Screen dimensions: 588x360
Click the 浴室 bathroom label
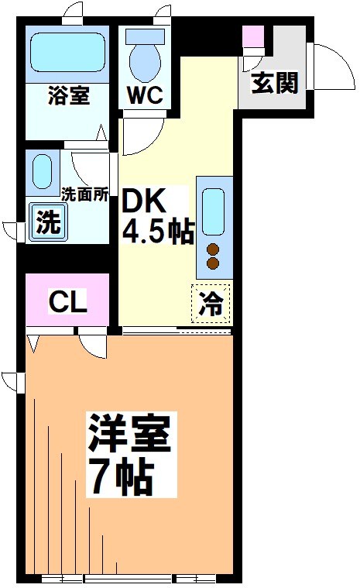(x=68, y=97)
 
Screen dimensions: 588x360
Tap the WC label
(x=143, y=97)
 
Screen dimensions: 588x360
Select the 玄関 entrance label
(x=274, y=83)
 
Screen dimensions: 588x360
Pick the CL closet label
(x=68, y=301)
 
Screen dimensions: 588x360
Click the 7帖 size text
(x=121, y=479)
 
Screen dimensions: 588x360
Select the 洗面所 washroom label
(x=84, y=195)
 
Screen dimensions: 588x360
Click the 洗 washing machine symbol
(x=47, y=224)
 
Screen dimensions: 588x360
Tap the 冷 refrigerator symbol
(x=211, y=303)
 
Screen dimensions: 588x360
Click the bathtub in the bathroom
(x=67, y=55)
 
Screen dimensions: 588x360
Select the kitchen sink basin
(x=213, y=211)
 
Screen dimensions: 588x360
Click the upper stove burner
(x=213, y=249)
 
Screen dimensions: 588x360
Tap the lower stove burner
(x=213, y=263)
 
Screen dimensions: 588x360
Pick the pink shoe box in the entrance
(x=253, y=36)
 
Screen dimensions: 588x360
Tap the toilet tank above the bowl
(x=143, y=36)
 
